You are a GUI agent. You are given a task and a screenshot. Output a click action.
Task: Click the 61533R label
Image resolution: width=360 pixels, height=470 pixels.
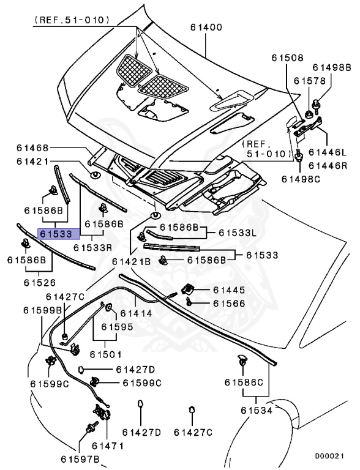pyautogui.click(x=92, y=248)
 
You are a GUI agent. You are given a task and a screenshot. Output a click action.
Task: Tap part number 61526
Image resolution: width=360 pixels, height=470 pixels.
pyautogui.click(x=40, y=283)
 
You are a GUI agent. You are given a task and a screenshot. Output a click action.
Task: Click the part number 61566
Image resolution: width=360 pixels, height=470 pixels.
pyautogui.click(x=229, y=303)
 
